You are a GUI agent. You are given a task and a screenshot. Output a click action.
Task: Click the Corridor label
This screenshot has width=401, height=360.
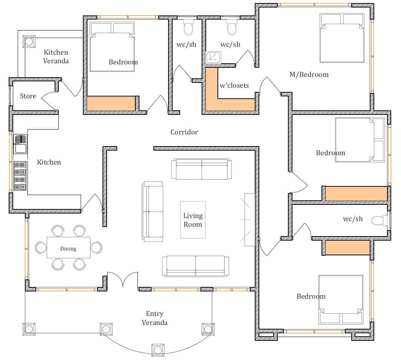[x=184, y=132]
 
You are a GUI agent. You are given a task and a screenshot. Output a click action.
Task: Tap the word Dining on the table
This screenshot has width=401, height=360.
[x=68, y=249]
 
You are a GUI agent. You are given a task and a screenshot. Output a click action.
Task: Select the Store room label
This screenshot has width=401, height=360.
[x=28, y=96]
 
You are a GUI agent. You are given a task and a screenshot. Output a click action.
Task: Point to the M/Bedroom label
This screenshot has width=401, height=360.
[x=309, y=75]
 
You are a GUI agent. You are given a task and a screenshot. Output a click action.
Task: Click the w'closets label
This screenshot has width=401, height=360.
[x=234, y=85]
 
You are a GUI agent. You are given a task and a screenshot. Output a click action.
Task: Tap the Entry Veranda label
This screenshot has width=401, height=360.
[x=155, y=318]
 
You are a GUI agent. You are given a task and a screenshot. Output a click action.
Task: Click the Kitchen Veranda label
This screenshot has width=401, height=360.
[x=56, y=56]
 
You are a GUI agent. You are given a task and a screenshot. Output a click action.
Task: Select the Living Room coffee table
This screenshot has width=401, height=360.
[x=193, y=220]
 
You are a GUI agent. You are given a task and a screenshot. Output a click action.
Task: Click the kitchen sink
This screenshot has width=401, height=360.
[x=20, y=144]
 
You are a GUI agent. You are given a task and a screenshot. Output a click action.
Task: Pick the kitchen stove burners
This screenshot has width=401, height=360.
[x=20, y=176]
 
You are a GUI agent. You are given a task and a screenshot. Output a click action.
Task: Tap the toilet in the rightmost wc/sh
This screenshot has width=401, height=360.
[x=379, y=221]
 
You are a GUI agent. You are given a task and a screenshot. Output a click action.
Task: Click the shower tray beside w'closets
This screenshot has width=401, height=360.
[x=213, y=58]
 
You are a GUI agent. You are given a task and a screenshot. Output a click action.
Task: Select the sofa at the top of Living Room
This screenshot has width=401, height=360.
[x=202, y=169]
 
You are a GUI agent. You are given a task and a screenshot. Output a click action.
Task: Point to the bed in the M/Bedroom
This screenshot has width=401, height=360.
[x=342, y=38]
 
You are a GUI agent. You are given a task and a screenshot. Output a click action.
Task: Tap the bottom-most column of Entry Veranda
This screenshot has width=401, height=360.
[x=158, y=350]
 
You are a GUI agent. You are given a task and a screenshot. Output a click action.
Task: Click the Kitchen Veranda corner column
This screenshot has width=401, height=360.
[x=29, y=41]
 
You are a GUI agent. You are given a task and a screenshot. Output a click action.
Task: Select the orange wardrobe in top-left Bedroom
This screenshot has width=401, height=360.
[x=111, y=104]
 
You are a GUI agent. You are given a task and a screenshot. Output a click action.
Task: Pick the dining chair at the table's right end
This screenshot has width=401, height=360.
[x=97, y=247]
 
